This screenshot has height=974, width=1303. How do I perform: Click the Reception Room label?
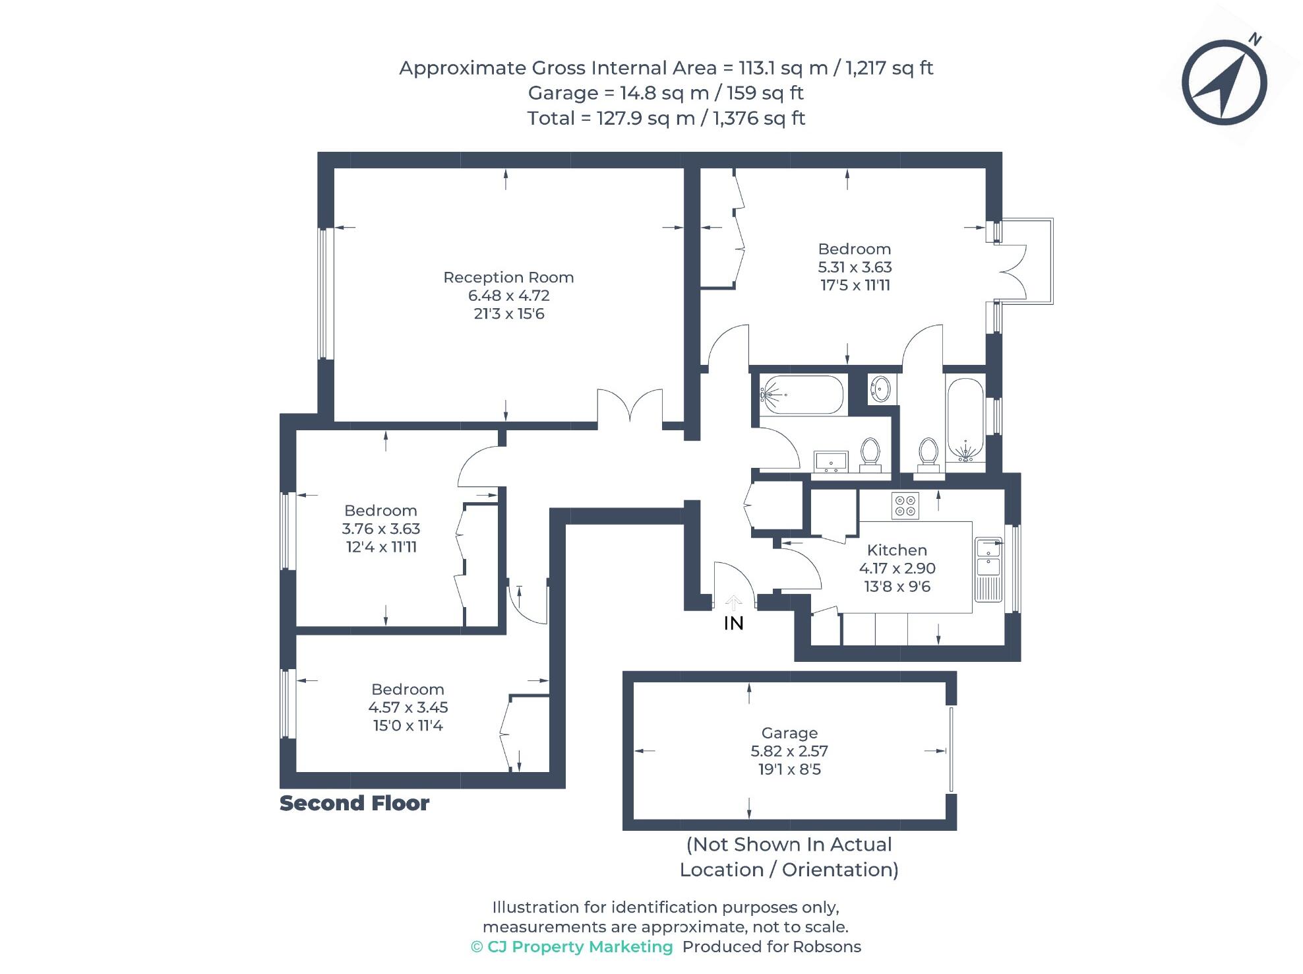[508, 277]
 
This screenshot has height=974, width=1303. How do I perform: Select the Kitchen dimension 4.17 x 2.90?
[897, 568]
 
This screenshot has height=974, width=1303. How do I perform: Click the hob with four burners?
[905, 506]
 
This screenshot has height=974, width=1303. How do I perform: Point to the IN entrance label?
[733, 624]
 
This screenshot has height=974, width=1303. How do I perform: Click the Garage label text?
[789, 732]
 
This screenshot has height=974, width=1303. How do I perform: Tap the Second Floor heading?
[354, 803]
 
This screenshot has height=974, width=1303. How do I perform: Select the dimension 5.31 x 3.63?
[855, 267]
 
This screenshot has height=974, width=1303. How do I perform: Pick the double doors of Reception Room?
[630, 408]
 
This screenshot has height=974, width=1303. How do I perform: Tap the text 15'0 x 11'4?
[408, 726]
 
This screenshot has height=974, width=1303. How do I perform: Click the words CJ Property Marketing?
[580, 947]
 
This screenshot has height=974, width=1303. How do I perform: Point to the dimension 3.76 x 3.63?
[380, 529]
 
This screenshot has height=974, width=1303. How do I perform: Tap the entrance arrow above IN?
[733, 602]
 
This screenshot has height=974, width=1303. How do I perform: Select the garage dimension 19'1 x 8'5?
[789, 769]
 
